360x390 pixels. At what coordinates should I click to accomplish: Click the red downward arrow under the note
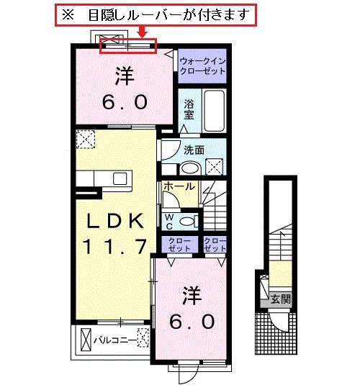[143, 32]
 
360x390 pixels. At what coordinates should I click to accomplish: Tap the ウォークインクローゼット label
[202, 66]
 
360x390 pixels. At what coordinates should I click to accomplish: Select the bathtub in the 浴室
[214, 111]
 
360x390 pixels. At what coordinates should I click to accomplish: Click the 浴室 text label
[189, 109]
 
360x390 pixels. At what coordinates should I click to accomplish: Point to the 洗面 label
[194, 150]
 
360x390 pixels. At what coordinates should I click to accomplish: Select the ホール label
[179, 186]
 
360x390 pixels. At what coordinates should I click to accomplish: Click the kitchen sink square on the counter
[120, 178]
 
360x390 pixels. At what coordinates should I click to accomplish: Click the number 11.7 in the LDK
[114, 246]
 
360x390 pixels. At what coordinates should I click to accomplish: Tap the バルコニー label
[115, 340]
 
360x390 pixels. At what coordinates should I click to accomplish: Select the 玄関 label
[281, 299]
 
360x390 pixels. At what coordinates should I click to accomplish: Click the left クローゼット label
[179, 245]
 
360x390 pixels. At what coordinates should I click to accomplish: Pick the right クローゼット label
[215, 245]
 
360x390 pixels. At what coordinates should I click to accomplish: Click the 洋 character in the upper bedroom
[125, 76]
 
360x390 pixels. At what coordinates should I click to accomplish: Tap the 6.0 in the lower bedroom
[192, 322]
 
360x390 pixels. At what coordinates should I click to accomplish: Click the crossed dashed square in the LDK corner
[86, 140]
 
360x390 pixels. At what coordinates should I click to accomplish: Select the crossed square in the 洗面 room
[214, 167]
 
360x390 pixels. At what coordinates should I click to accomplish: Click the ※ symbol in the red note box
[68, 15]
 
